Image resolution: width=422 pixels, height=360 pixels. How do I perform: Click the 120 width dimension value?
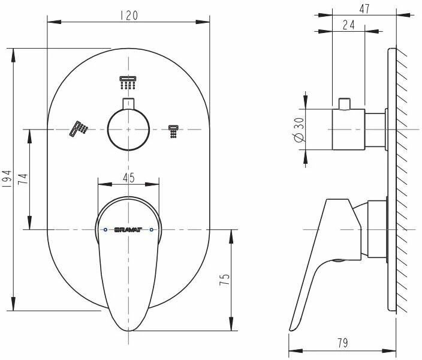(x=128, y=16)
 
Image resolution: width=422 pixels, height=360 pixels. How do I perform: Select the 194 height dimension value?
(x=7, y=179)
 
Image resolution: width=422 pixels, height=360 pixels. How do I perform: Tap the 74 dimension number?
(x=23, y=179)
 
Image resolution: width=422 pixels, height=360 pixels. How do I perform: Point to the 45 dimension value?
(x=128, y=178)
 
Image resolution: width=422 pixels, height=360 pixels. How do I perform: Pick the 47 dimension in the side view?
(x=364, y=8)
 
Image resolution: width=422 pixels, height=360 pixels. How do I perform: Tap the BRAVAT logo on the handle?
(x=128, y=230)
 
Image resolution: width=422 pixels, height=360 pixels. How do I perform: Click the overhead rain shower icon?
(x=128, y=82)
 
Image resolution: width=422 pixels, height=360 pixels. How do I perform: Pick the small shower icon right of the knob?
(x=173, y=130)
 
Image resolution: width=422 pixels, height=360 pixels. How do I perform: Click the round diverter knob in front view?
(x=128, y=130)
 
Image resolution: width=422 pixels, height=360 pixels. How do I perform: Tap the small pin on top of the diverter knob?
(x=128, y=103)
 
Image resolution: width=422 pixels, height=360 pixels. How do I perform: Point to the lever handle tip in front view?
(x=128, y=325)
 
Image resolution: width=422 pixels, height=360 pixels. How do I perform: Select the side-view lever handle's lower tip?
(x=294, y=327)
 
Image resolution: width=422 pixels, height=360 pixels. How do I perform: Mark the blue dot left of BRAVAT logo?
(x=105, y=230)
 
